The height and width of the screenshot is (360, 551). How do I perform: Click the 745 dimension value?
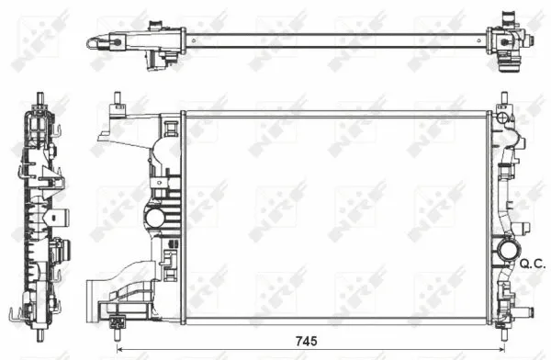point(306,341)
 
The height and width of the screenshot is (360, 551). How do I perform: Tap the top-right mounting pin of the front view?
point(504,98)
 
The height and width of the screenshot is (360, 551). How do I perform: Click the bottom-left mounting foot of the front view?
point(117,322)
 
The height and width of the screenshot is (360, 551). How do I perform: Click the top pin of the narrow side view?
point(41,97)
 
